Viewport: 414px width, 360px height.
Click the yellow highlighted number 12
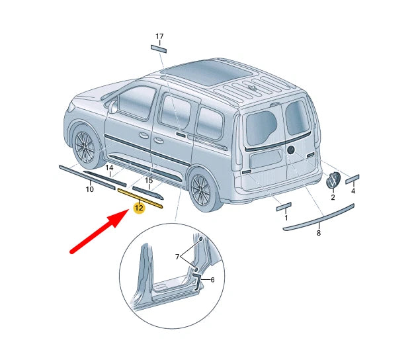click(x=139, y=208)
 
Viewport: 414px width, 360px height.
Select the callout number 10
click(x=89, y=189)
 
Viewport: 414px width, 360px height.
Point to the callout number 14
click(x=110, y=167)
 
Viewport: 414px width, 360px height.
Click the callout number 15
click(x=149, y=180)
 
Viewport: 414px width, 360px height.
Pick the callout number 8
click(x=318, y=232)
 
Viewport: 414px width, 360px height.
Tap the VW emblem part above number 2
click(x=334, y=180)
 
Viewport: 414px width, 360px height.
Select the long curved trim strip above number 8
click(x=319, y=218)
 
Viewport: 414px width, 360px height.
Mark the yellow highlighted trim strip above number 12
click(x=141, y=198)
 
